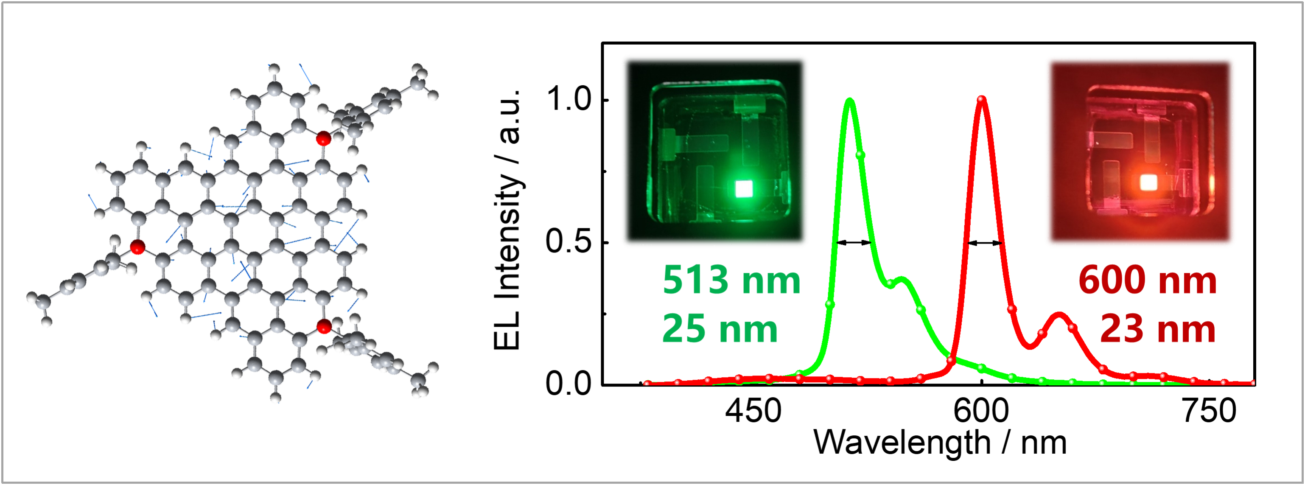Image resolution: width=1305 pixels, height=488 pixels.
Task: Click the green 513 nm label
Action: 731,280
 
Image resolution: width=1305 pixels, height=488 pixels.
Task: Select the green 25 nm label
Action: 720,329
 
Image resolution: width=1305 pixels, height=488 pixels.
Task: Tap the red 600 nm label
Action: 1148,280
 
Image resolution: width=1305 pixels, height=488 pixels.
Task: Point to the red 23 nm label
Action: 1158,329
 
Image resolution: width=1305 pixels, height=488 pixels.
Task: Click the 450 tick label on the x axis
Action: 753,412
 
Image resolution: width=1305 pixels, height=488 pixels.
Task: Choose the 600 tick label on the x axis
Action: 981,412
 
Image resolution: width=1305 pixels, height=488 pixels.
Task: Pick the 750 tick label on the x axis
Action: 1209,412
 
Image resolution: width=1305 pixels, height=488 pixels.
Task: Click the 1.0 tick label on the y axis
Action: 570,99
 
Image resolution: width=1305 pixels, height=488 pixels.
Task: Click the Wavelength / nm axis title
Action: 940,443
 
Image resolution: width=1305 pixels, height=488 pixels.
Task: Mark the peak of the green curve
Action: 850,100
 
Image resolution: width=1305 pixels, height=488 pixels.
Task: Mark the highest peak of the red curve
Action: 982,99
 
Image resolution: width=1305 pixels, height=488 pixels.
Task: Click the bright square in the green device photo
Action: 744,188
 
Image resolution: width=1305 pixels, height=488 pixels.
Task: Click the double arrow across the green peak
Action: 854,243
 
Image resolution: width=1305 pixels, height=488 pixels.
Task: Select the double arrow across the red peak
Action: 984,243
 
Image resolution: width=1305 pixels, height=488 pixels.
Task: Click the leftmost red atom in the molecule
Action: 137,247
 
